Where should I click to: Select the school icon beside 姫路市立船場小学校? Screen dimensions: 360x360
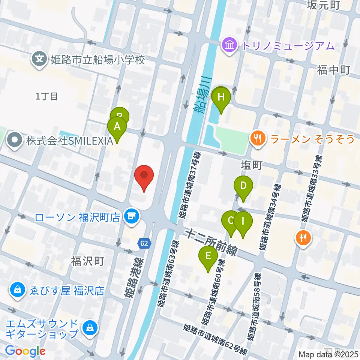coord(39,60)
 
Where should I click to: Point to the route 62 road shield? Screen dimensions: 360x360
coord(144,243)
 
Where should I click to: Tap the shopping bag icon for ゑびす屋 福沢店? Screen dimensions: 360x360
coord(17,290)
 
